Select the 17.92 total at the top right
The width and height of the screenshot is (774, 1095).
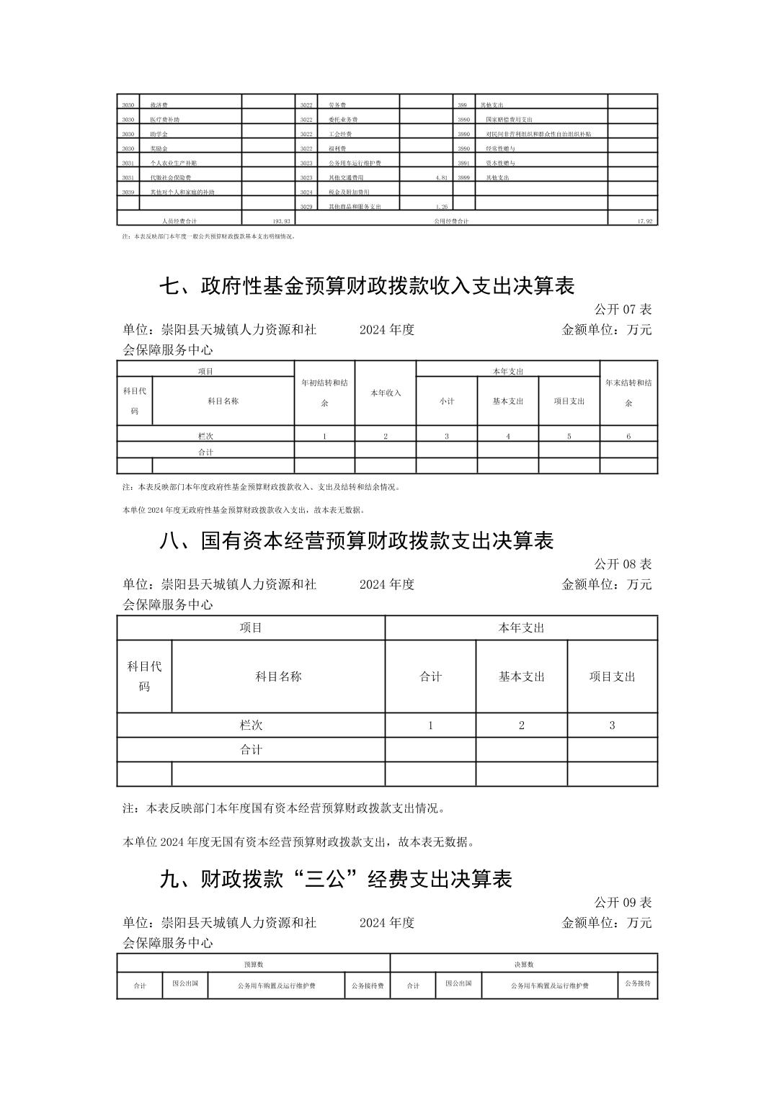(x=644, y=221)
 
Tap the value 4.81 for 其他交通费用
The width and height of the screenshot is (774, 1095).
(x=442, y=177)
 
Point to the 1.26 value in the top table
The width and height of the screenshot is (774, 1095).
(x=442, y=207)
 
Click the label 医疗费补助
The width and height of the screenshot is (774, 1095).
(x=164, y=120)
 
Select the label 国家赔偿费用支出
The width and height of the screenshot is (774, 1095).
(x=509, y=120)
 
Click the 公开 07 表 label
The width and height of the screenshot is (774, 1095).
(x=623, y=310)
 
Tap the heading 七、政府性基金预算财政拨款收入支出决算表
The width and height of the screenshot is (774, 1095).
(x=366, y=286)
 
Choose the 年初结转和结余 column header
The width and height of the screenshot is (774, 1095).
(x=324, y=393)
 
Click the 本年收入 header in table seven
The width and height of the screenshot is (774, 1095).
(x=386, y=393)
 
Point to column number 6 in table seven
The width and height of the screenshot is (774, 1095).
(x=628, y=436)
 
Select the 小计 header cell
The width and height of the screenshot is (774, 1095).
(x=447, y=401)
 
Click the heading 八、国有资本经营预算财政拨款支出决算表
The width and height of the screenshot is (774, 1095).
(x=356, y=540)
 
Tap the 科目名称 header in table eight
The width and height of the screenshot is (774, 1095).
(x=278, y=676)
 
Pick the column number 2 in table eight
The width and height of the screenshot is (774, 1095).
(x=522, y=725)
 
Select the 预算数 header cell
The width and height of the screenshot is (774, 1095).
(x=254, y=964)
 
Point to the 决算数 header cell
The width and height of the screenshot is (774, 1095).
(x=524, y=964)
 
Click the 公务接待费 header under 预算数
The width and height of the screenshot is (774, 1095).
(x=368, y=986)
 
